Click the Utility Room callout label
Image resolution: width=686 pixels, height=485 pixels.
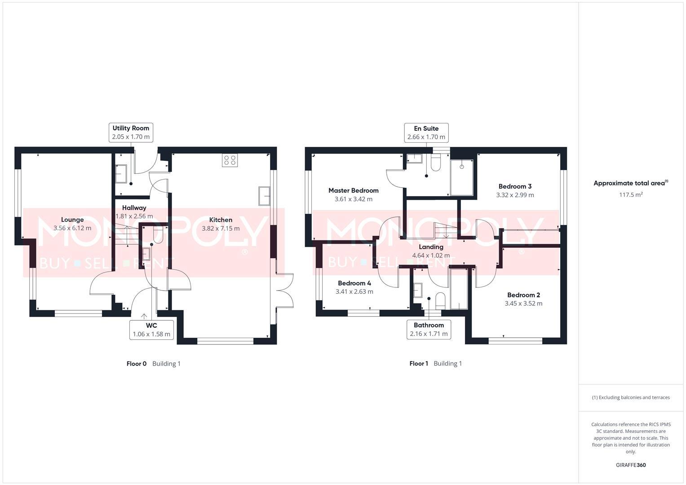(131, 132)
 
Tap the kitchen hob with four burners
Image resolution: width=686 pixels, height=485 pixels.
(230, 160)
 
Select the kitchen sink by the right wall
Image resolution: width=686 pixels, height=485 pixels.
(264, 196)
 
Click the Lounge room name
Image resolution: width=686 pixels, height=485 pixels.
(72, 220)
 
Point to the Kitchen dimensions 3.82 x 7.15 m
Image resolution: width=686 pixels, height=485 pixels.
(221, 228)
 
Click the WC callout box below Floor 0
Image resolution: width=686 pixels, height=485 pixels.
(151, 330)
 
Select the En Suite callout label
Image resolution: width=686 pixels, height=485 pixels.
(426, 132)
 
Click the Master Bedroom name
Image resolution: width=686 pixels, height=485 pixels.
(353, 190)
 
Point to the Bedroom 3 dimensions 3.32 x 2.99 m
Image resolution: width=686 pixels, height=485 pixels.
(515, 195)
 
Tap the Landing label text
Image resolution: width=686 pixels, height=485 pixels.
(431, 247)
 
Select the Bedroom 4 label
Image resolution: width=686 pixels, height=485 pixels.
(354, 283)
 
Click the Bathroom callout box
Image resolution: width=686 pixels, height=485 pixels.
(429, 329)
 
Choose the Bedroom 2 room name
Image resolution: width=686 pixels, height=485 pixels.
(523, 295)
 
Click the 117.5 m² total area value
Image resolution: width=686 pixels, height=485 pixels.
(631, 194)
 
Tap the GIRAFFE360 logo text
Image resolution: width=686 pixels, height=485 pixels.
(630, 465)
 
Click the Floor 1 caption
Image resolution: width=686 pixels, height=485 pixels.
(419, 363)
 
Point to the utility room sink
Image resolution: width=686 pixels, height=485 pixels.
(121, 174)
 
